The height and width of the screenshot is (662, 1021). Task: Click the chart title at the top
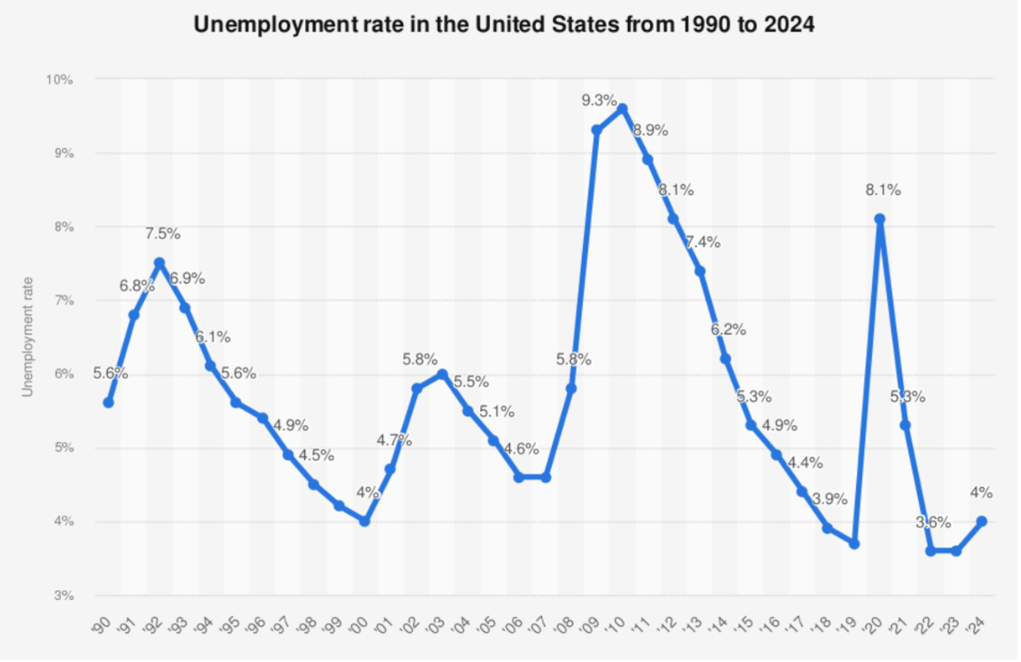coord(504,24)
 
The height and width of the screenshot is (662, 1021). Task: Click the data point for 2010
coord(621,108)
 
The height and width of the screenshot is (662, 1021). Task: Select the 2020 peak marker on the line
coord(879,219)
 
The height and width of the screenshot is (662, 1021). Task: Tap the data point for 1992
coord(159,263)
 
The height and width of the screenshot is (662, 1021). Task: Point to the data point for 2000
coord(364,521)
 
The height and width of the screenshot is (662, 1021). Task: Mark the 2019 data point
coord(853,543)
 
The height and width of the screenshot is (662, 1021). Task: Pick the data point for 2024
coord(982,521)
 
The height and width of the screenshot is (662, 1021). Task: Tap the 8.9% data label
coord(651,130)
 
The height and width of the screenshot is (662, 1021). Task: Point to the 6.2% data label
coord(728,329)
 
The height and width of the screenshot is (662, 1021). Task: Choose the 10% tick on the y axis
coord(60,80)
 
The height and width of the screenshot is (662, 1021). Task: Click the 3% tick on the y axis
coord(64,596)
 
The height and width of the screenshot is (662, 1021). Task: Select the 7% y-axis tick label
coord(64,300)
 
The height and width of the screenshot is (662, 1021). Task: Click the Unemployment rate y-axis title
coord(28,337)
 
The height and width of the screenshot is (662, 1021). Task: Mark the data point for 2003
coord(442,373)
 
